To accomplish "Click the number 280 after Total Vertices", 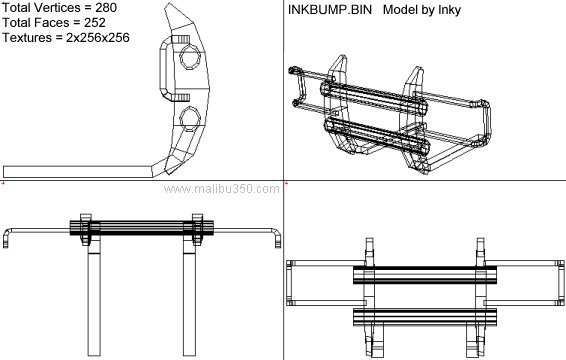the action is click(x=106, y=8).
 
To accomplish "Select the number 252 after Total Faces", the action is click(x=95, y=23).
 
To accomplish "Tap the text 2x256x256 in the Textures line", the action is click(x=97, y=38).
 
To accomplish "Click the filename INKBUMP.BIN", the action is click(x=330, y=10).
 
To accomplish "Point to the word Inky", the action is click(x=449, y=10).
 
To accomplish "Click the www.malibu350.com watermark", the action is click(x=221, y=189).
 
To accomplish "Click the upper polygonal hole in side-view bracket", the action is click(x=190, y=57).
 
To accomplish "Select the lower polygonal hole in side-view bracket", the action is click(x=190, y=119).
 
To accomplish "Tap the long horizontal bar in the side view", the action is click(x=77, y=172).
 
